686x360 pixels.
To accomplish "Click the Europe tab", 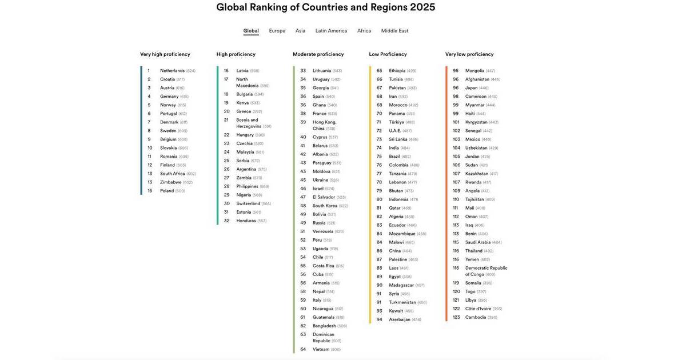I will click(x=277, y=31).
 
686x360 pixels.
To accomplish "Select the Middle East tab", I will click(x=394, y=31).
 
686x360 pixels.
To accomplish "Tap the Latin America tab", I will click(x=331, y=31).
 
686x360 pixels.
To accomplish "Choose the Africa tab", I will click(x=364, y=31).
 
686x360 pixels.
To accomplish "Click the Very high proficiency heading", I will click(x=165, y=54).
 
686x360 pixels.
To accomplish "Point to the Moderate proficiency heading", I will click(x=318, y=54).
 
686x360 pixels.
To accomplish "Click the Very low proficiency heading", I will click(x=469, y=54).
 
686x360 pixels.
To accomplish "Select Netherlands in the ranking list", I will click(x=172, y=71).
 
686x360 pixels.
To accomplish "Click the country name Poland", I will click(x=167, y=191).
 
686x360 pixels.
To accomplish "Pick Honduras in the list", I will click(x=246, y=221).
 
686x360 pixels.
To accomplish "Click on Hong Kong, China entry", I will click(x=324, y=125).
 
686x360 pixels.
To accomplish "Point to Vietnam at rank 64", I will click(x=321, y=349).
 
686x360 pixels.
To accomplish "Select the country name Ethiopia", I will click(x=397, y=71).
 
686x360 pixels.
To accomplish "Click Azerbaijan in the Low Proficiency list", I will click(x=400, y=319).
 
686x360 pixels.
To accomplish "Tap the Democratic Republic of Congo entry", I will click(x=486, y=271).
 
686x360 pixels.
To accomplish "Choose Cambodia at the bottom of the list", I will click(x=476, y=317).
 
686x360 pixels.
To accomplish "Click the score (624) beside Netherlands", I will click(x=191, y=71).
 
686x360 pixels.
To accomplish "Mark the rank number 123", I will click(x=456, y=317).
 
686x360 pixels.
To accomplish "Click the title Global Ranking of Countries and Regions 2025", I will click(x=326, y=7).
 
